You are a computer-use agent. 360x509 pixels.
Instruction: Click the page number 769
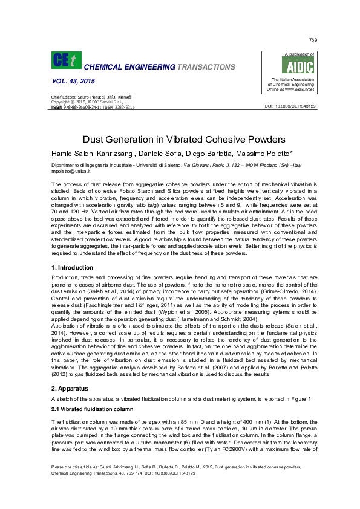point(313,40)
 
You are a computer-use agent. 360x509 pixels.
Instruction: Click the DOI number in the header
point(290,106)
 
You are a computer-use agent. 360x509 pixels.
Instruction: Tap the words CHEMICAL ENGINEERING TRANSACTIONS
point(159,66)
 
